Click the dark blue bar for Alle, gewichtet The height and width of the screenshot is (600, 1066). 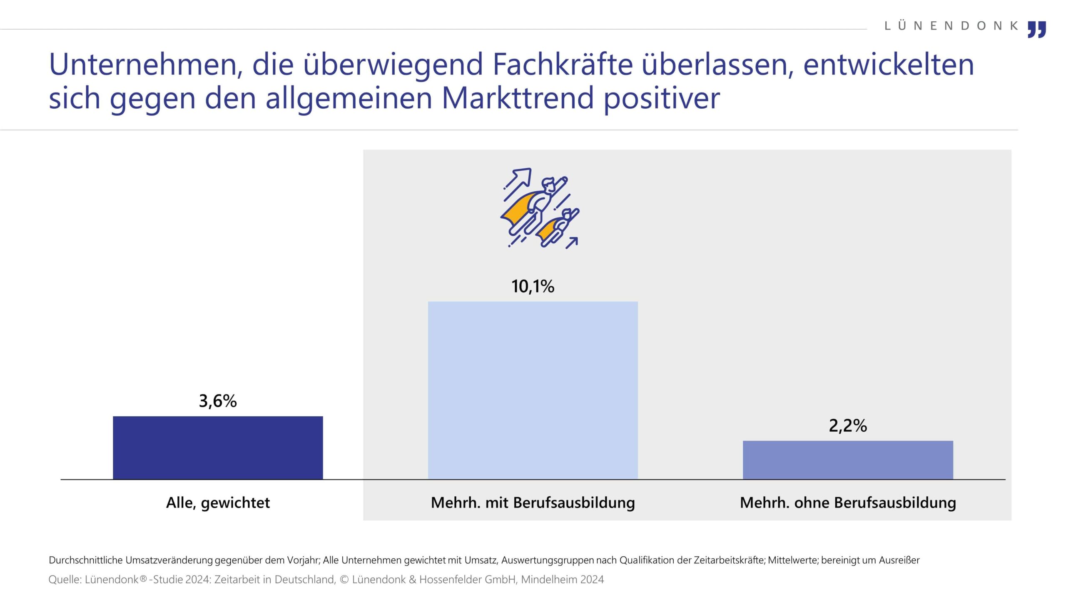[218, 447]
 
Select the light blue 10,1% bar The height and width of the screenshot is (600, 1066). [533, 390]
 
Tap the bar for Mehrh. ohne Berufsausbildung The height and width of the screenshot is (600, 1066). [848, 460]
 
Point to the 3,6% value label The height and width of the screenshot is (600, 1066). [218, 401]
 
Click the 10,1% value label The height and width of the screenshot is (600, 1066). [533, 286]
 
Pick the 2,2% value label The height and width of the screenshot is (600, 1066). [848, 425]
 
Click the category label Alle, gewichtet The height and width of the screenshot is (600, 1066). [218, 502]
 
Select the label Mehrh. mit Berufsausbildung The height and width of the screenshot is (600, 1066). [533, 502]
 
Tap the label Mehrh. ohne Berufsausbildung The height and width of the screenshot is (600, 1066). [848, 502]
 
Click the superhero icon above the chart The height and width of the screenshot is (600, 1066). [540, 208]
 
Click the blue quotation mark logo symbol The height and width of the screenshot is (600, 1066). [1036, 30]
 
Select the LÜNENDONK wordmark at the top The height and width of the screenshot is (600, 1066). [951, 26]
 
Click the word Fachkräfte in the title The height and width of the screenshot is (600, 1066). [562, 65]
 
